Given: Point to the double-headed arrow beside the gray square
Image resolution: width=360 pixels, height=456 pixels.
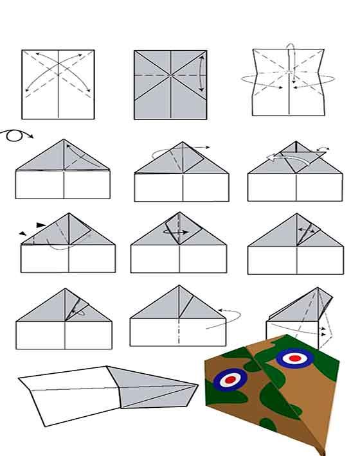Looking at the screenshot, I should [202, 74].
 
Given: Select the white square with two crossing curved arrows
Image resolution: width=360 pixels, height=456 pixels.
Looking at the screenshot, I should [58, 83].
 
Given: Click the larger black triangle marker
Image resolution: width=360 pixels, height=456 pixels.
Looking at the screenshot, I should [42, 225].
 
